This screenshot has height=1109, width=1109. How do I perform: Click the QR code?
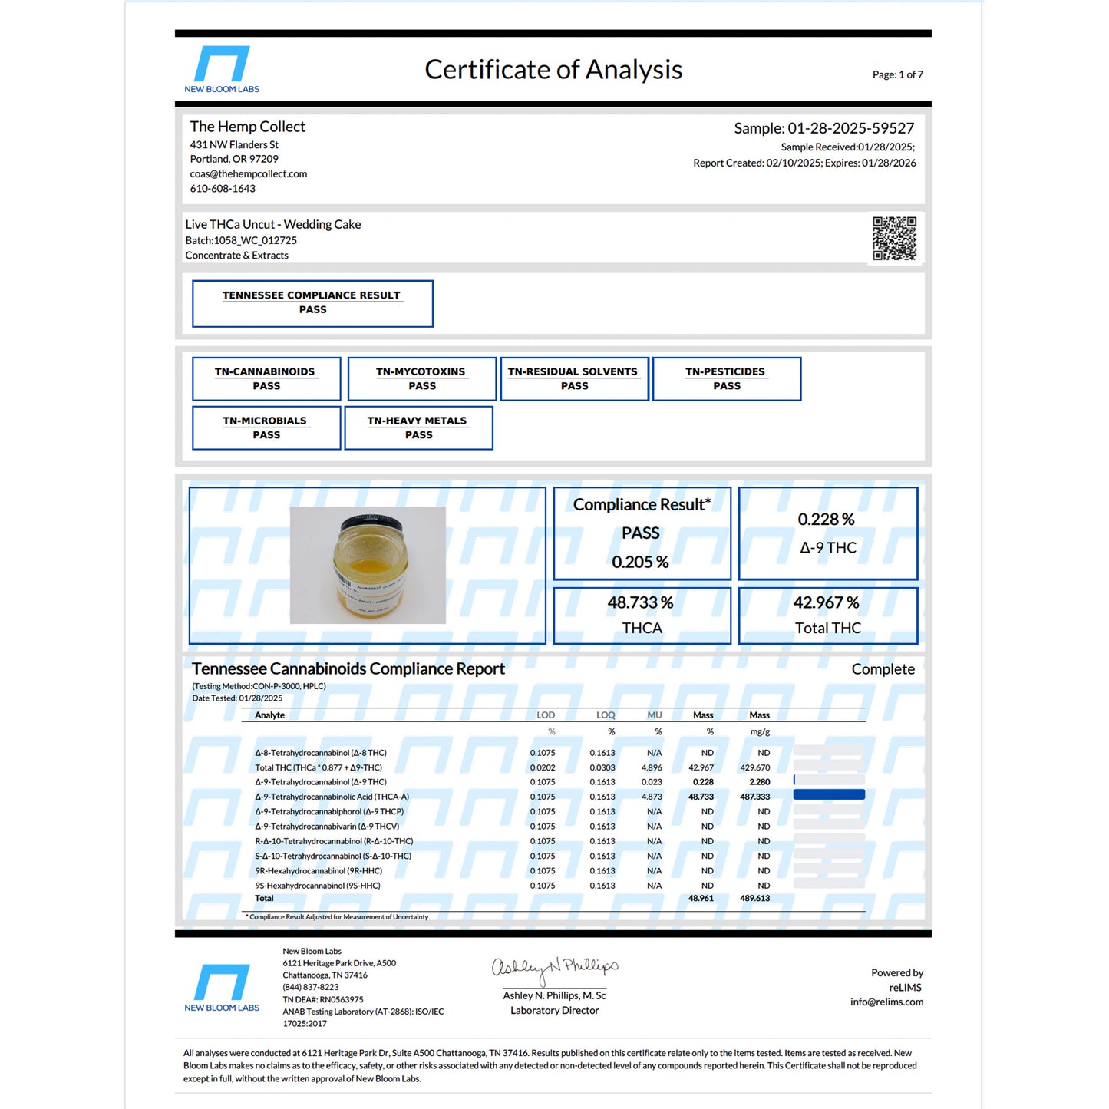894,238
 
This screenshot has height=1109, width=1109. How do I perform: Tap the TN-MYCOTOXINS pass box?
421,378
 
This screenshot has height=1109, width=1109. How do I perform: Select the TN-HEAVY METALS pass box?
418,427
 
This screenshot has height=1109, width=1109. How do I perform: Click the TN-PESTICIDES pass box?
726,378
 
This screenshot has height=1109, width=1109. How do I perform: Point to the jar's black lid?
371,525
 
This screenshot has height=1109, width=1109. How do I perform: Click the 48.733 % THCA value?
640,603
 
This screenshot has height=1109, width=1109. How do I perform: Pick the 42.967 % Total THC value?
826,603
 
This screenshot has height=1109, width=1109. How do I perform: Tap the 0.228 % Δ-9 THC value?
826,520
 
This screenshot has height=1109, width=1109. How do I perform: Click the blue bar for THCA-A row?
829,795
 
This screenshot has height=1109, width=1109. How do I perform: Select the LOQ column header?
606,715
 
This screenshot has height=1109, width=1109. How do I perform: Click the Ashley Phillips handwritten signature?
554,969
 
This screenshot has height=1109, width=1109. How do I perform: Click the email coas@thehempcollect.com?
249,174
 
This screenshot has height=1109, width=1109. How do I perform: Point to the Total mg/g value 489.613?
754,899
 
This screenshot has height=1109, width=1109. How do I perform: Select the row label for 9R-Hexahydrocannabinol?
319,871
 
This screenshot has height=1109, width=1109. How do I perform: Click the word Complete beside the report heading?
883,669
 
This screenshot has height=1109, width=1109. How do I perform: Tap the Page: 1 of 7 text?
897,74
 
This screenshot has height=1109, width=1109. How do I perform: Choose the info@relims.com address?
886,1002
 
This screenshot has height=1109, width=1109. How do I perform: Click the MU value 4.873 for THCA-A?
652,797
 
